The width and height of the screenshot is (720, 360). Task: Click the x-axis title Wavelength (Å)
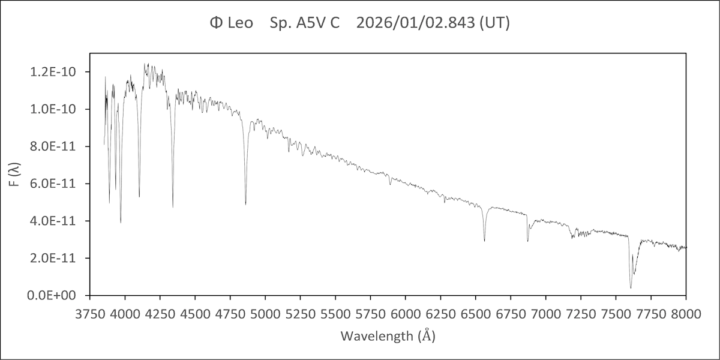click(x=388, y=335)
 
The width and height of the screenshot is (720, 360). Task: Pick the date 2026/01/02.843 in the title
click(x=416, y=23)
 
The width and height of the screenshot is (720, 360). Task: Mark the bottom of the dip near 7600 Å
click(x=631, y=288)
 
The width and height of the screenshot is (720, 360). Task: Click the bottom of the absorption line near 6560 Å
click(x=484, y=241)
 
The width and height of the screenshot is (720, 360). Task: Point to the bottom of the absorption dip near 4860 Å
click(x=245, y=205)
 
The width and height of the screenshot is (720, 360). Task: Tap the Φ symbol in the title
click(x=216, y=23)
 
